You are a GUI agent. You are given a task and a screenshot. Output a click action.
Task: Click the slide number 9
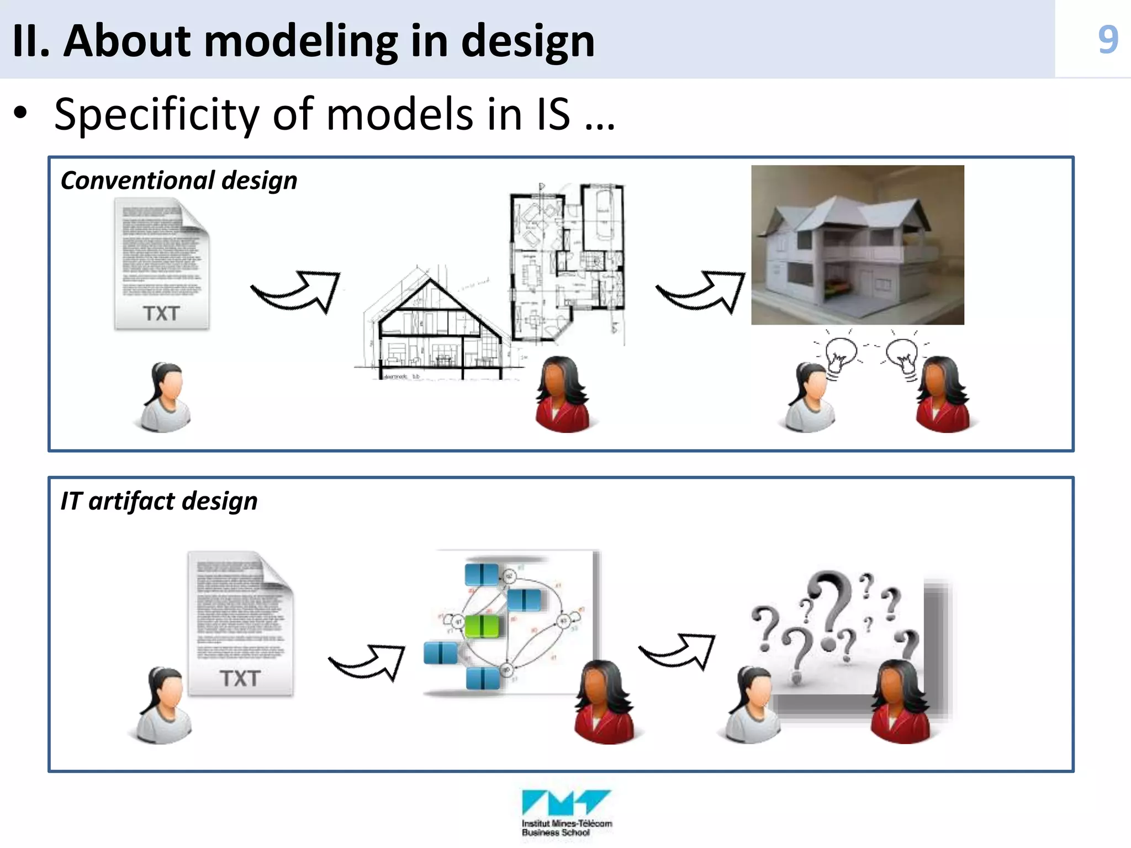coord(1108,40)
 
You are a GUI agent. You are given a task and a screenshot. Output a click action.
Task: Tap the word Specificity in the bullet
coord(157,114)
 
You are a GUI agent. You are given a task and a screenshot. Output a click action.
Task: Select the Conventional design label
coord(179,181)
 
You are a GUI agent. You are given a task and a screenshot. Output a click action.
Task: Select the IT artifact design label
coord(159,501)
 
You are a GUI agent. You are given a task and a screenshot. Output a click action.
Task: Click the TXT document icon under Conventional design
coord(162,264)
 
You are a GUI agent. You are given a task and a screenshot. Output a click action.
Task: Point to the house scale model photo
coord(857,245)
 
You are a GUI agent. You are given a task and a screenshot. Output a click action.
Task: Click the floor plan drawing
coord(567,262)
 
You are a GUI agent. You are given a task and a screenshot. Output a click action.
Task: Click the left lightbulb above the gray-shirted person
coord(841,355)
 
